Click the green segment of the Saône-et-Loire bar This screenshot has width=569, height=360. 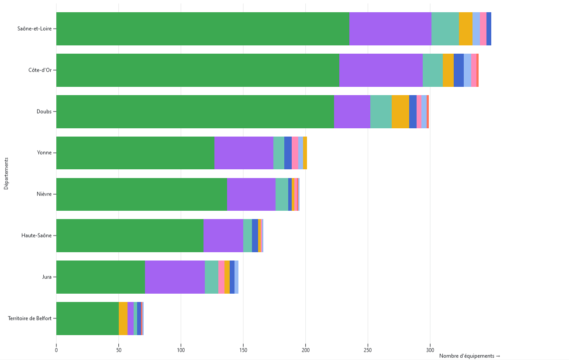pos(203,29)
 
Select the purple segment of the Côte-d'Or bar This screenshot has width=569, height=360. pos(381,70)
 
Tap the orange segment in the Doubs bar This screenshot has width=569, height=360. pos(400,112)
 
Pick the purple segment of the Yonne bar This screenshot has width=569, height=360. pos(244,153)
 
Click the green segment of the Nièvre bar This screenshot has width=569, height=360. pos(141,195)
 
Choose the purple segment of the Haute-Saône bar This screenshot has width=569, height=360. pos(223,236)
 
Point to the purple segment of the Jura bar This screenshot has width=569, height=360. pos(175,277)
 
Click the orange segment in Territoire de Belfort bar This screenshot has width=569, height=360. pos(123,319)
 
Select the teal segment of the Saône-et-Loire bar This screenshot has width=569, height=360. pos(445,29)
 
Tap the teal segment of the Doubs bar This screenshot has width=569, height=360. pos(381,112)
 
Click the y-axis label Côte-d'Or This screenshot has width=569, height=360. pos(40,70)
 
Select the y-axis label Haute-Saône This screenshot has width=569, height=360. pos(36,236)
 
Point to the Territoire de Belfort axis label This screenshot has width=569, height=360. pos(30,319)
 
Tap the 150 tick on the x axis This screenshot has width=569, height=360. pos(243,350)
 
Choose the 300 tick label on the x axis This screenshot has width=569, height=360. pos(430,350)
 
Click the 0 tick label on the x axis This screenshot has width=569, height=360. pos(56,350)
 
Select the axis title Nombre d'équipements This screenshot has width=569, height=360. pos(469,356)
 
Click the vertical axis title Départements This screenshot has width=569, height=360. pos(6,174)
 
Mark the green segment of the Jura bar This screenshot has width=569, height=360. pos(100,277)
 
